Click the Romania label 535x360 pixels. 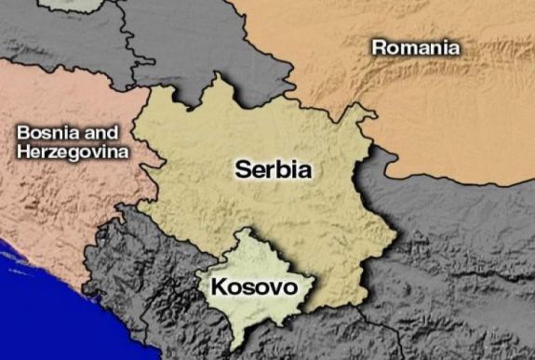[x=415, y=47]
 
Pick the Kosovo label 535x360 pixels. [x=254, y=287]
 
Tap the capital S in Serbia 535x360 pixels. [x=243, y=170]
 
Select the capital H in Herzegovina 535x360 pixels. [x=24, y=152]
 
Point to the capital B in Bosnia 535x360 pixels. [x=23, y=133]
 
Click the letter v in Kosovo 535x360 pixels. [x=274, y=287]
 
